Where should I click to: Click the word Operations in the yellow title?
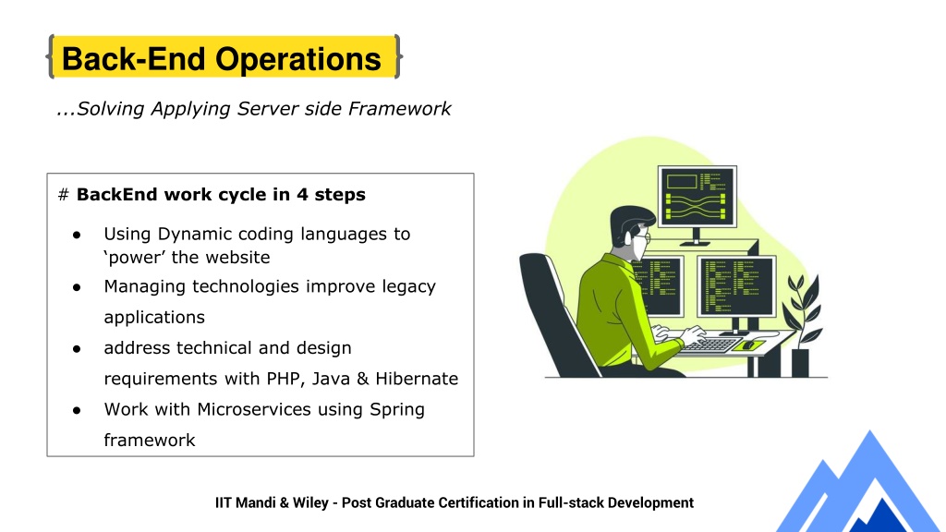click(x=298, y=59)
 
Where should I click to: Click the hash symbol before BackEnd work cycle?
click(x=64, y=195)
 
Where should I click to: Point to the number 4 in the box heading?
click(x=302, y=195)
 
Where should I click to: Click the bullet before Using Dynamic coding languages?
click(x=77, y=235)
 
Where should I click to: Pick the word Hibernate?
click(x=417, y=379)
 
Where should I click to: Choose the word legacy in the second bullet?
click(x=408, y=287)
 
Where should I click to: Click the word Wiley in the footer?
click(x=310, y=503)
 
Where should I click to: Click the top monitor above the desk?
click(x=697, y=197)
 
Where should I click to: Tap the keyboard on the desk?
click(x=712, y=345)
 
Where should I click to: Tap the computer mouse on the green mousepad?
click(x=748, y=345)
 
